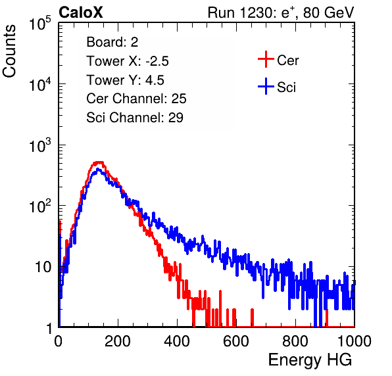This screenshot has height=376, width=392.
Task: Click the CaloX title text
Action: [81, 12]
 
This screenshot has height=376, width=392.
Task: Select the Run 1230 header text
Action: [281, 12]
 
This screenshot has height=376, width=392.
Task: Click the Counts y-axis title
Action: [9, 51]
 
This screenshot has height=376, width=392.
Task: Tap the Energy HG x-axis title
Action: [310, 360]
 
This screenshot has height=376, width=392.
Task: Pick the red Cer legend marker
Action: [266, 59]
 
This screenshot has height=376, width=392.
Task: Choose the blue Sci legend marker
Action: [266, 86]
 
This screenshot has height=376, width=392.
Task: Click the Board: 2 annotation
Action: [112, 42]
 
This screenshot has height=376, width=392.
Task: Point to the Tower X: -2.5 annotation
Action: [128, 61]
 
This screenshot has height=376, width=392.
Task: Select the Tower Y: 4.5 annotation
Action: [125, 80]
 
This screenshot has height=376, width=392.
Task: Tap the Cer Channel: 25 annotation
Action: [136, 99]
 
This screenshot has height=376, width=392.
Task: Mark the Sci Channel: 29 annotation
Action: [135, 118]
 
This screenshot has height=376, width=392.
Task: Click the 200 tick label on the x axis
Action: [118, 341]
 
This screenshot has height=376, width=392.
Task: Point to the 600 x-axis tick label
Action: [236, 341]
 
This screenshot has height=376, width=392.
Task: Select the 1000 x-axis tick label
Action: [355, 341]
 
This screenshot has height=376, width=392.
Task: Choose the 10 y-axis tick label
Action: [43, 268]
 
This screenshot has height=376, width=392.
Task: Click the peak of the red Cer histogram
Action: [98, 162]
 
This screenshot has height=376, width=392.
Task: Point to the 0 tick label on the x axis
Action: [59, 341]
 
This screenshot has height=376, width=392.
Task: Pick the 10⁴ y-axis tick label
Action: [40, 84]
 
